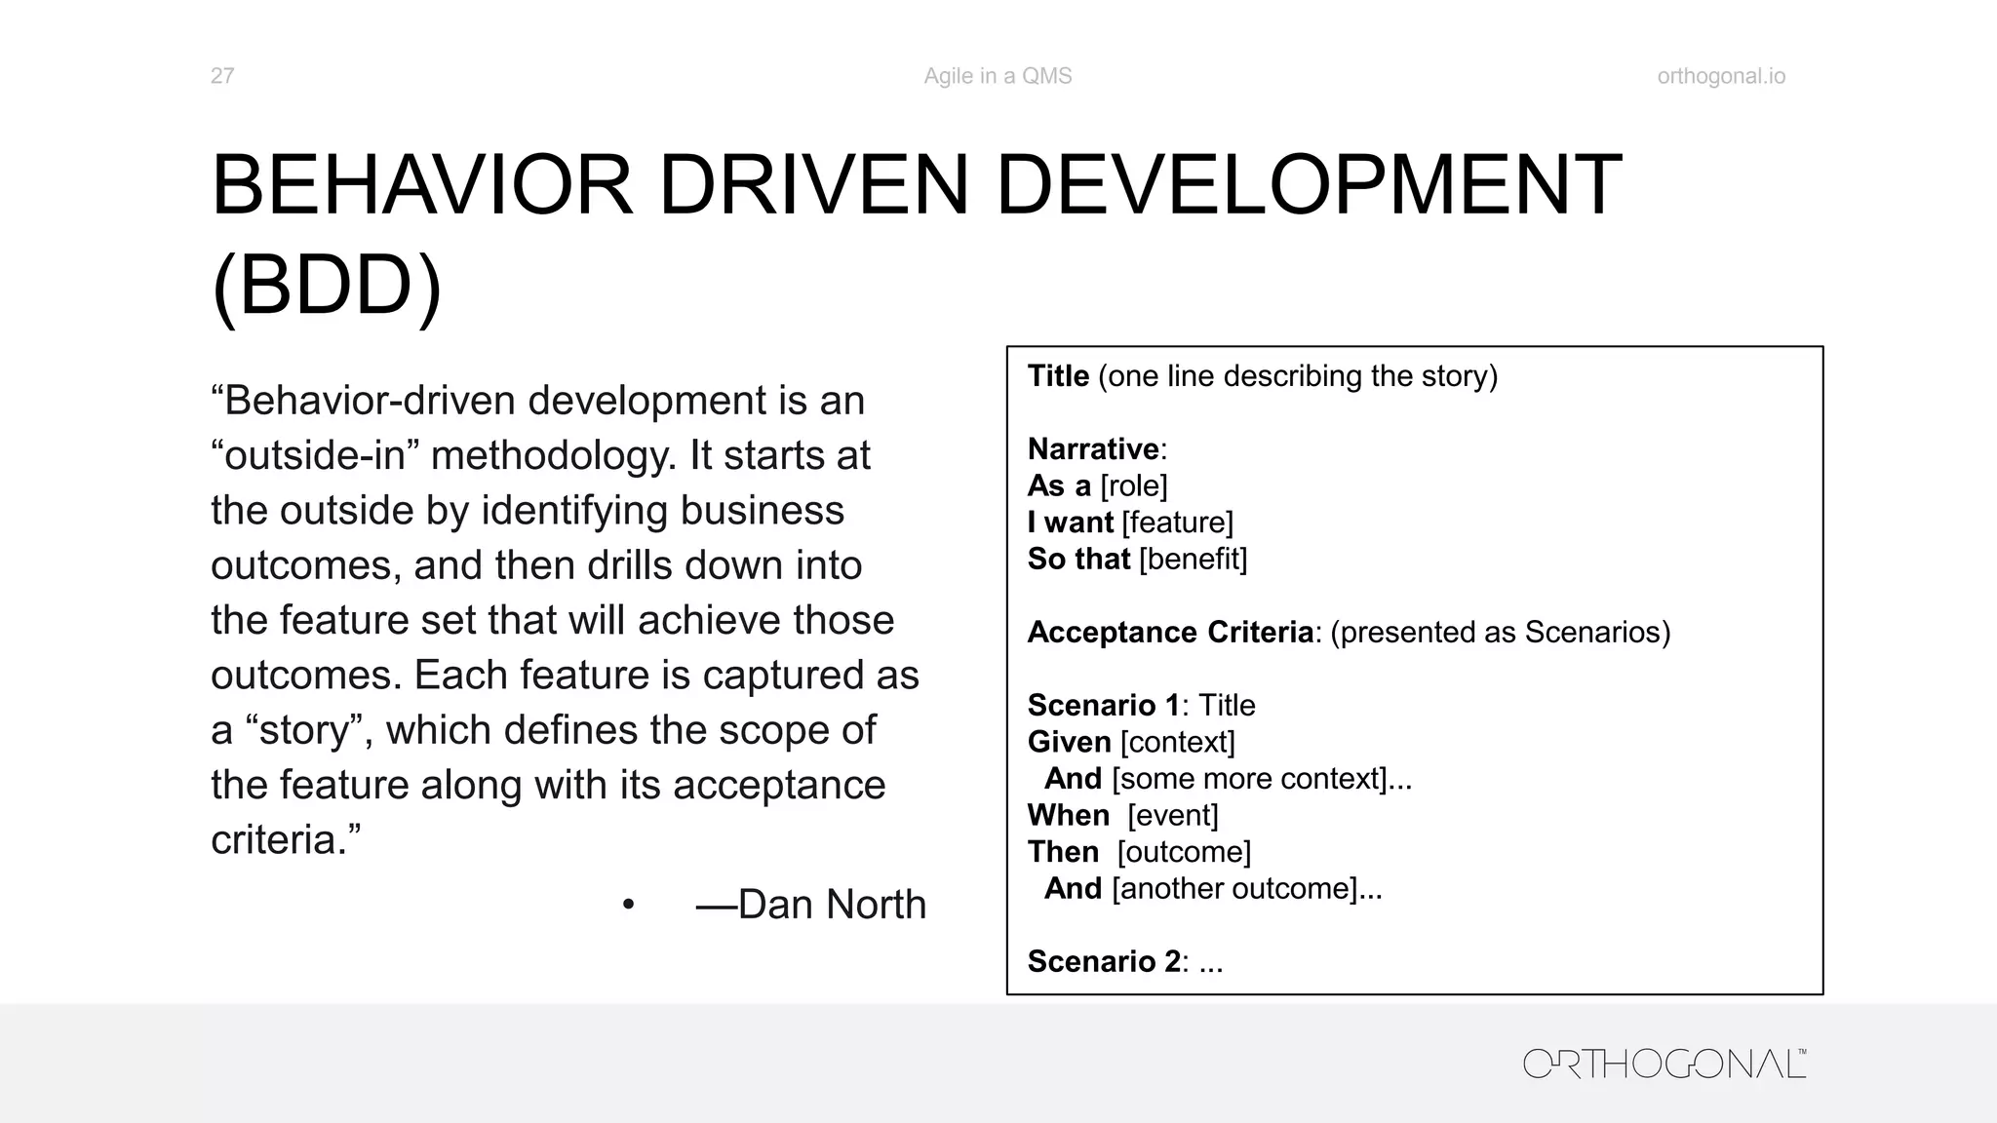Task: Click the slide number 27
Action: (221, 76)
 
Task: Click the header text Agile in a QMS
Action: (998, 76)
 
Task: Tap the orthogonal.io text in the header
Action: (1721, 76)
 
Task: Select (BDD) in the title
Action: (327, 287)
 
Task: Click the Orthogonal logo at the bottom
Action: (1664, 1064)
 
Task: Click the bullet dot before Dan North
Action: (628, 906)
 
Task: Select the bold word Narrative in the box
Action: (1093, 449)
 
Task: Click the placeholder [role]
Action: (1133, 485)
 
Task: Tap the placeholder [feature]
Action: (1177, 523)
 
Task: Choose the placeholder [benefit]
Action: (1193, 560)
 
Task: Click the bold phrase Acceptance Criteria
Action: (1170, 633)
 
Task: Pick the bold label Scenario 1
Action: (1103, 706)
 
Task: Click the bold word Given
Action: (1069, 743)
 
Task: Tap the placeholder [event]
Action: (1173, 816)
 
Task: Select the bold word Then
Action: (1063, 852)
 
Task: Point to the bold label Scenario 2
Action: (1104, 962)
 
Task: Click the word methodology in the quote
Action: (554, 456)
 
